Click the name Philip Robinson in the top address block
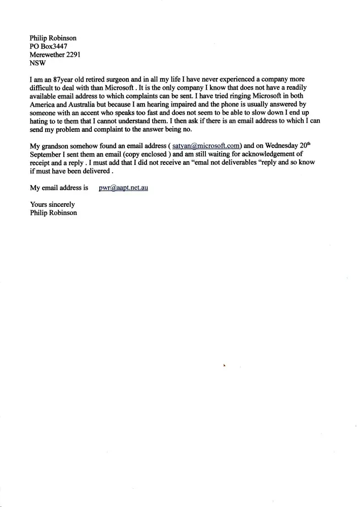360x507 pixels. [53, 38]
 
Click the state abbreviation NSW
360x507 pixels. [38, 63]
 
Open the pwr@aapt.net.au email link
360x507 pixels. [123, 188]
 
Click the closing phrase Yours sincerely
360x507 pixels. [52, 204]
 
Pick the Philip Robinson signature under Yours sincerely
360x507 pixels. [53, 212]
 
